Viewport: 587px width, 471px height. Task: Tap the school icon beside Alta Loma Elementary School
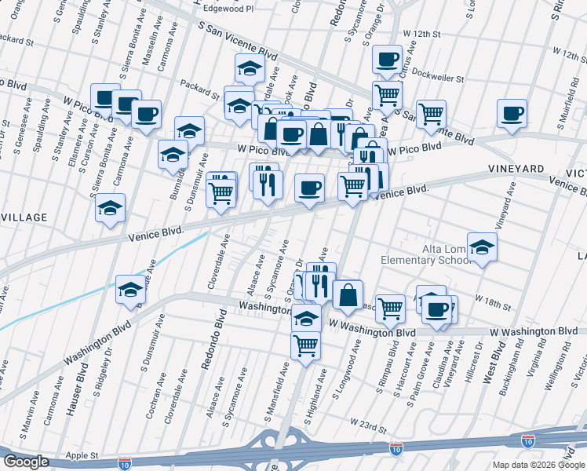483,247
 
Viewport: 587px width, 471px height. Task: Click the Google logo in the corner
26,462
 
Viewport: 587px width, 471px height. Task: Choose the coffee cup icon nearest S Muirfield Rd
512,113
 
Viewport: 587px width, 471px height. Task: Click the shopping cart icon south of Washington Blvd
305,345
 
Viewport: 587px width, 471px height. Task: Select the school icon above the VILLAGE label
110,207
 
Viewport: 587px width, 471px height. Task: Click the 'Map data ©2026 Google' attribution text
538,465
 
